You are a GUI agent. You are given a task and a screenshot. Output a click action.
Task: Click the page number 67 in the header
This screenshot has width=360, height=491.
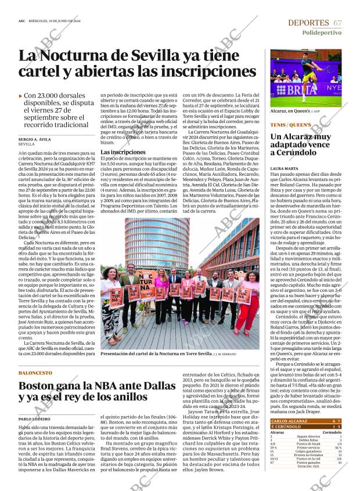point(337,23)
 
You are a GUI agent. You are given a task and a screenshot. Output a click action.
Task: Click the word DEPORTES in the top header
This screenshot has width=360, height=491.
point(308,23)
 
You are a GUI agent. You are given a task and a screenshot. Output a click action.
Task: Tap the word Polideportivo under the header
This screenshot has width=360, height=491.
point(322,33)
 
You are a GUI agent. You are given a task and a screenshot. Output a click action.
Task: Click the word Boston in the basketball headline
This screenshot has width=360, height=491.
point(44,387)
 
